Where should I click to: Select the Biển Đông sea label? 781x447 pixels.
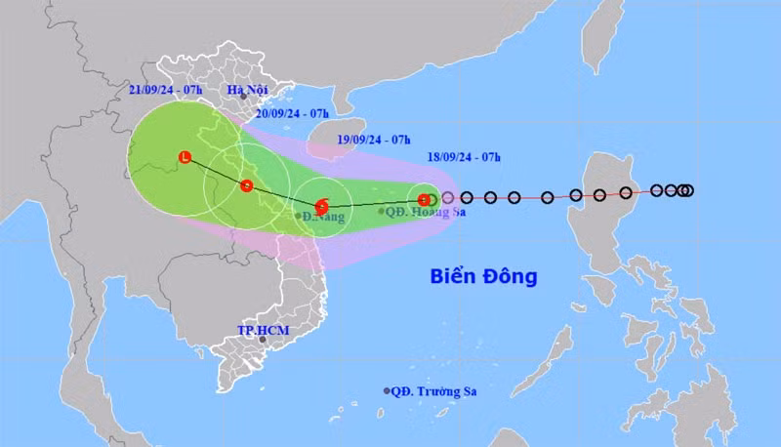[483, 276]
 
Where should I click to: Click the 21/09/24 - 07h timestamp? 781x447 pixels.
[165, 90]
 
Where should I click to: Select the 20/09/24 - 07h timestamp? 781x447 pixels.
[291, 113]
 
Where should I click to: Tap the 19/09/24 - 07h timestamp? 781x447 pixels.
[372, 140]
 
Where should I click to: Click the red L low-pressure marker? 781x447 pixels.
[185, 156]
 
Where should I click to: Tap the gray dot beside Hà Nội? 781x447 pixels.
[243, 98]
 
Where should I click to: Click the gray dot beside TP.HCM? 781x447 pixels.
[262, 340]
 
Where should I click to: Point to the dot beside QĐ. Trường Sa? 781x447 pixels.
[387, 391]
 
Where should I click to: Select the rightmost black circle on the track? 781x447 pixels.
[688, 190]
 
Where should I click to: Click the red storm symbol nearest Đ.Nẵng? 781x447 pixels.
[321, 205]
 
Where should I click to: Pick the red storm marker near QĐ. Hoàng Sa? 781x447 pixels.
[423, 199]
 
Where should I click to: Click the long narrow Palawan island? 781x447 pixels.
[555, 347]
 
